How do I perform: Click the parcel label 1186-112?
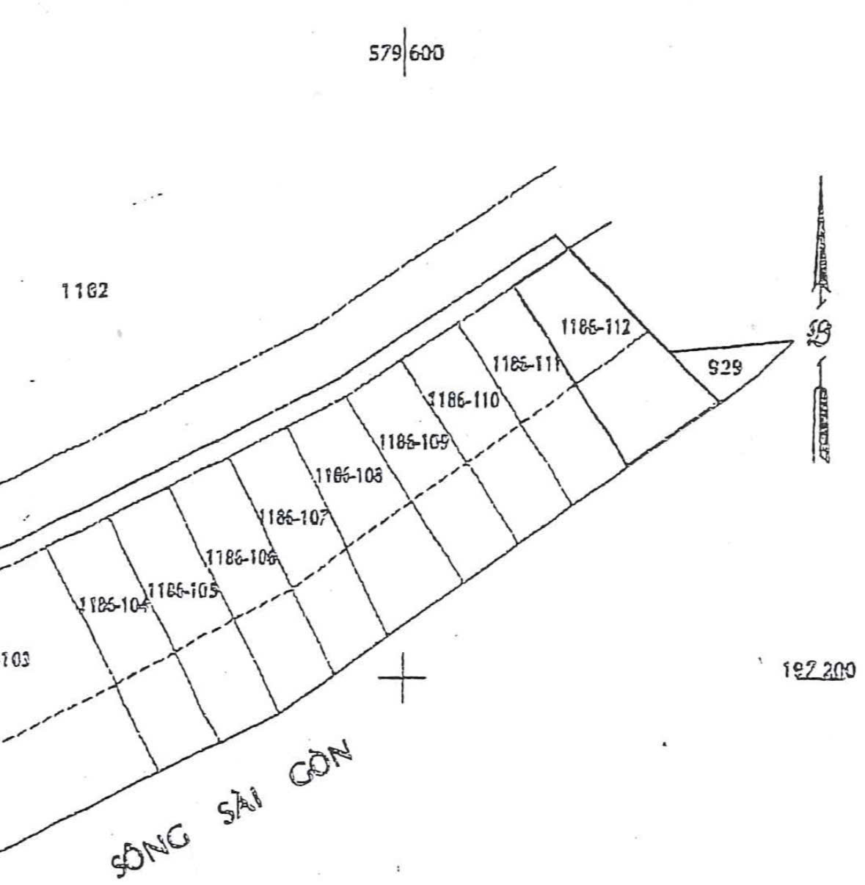pyautogui.click(x=595, y=327)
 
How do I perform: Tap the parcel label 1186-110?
pyautogui.click(x=463, y=400)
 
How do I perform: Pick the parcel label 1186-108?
pyautogui.click(x=348, y=476)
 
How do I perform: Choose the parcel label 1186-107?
pyautogui.click(x=293, y=518)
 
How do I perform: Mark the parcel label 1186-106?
pyautogui.click(x=241, y=557)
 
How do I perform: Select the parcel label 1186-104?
pyautogui.click(x=114, y=604)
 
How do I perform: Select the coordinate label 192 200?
pyautogui.click(x=820, y=670)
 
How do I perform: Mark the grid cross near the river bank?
pyautogui.click(x=401, y=677)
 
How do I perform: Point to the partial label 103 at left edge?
pyautogui.click(x=15, y=659)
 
